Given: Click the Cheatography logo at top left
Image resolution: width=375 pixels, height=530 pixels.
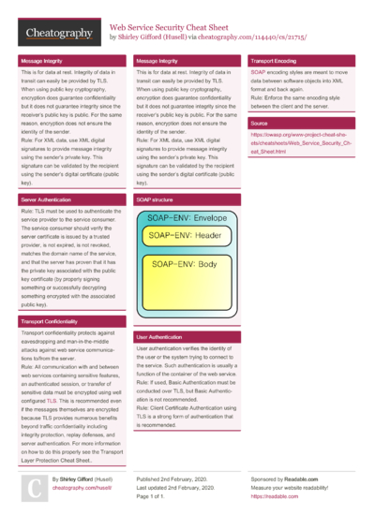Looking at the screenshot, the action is point(57,34).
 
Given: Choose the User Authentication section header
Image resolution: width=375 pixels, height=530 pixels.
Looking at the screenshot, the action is point(159,335).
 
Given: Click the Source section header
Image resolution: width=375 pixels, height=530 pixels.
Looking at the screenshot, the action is point(260,123).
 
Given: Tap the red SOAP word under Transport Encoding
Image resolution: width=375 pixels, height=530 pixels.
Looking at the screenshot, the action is point(257,71).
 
